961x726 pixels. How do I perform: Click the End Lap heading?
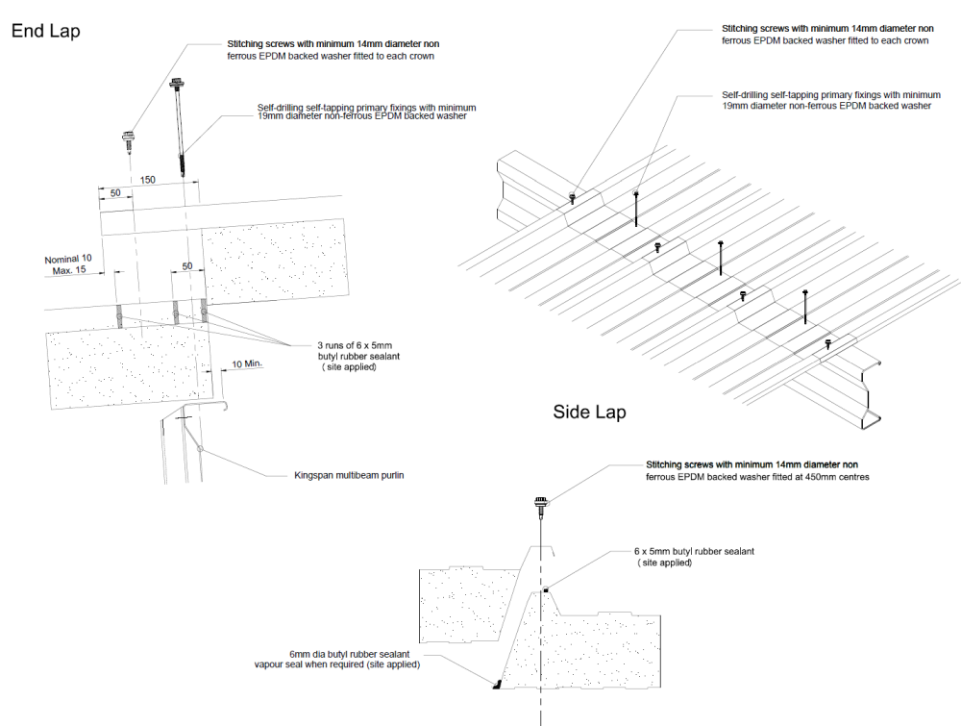(45, 31)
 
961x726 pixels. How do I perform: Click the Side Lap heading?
(589, 413)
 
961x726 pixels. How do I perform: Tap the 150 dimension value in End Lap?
(147, 180)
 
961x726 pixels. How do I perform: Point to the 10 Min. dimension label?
(247, 365)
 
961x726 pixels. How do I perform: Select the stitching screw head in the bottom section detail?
(541, 503)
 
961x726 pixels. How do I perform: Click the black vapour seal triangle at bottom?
(497, 685)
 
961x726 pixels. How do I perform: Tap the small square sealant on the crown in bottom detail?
(545, 588)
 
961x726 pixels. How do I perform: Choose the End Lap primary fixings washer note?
(366, 112)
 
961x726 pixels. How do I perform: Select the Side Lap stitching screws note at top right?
(827, 35)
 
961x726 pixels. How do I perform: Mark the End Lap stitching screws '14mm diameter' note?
(333, 50)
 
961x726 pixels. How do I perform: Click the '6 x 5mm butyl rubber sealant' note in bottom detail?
(695, 556)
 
